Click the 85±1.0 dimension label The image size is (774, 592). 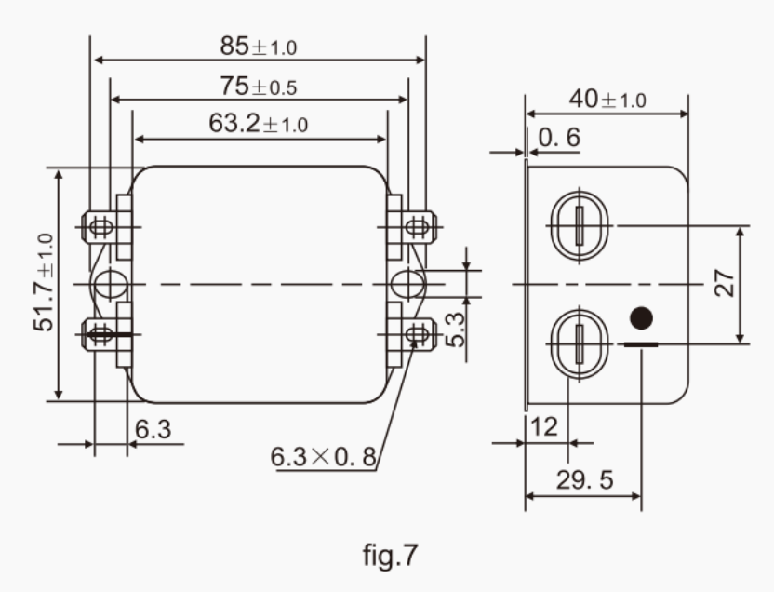(x=259, y=45)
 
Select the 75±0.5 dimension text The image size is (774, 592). (x=259, y=86)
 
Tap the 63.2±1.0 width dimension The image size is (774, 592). (x=259, y=125)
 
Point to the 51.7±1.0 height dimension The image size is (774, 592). (x=44, y=283)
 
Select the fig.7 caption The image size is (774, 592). (x=388, y=556)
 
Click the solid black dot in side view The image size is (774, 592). (x=640, y=317)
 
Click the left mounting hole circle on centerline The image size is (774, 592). (x=109, y=283)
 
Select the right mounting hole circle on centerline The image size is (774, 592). (x=407, y=283)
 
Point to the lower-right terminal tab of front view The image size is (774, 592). (x=416, y=330)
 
